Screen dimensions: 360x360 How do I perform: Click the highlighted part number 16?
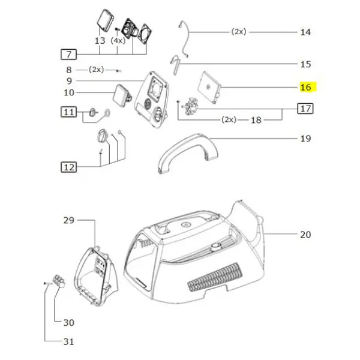click(x=306, y=87)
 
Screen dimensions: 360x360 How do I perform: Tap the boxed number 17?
click(x=306, y=109)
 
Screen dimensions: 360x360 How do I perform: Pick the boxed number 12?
click(x=68, y=166)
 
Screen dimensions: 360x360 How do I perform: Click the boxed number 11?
click(x=68, y=112)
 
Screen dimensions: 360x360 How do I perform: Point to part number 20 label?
click(x=305, y=234)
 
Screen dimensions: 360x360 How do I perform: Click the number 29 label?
click(x=68, y=221)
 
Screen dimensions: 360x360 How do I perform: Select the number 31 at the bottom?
click(x=68, y=342)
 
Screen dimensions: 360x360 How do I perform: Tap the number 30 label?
click(x=68, y=323)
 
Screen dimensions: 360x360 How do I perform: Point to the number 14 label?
click(x=305, y=31)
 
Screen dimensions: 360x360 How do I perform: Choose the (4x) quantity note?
click(x=118, y=41)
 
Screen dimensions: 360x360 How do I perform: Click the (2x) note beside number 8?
click(x=96, y=70)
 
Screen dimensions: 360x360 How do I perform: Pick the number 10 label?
click(x=68, y=92)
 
